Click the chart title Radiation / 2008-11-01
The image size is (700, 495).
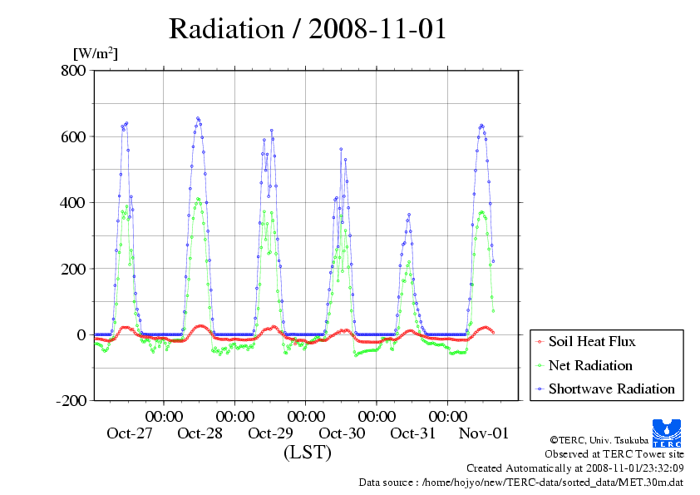308,29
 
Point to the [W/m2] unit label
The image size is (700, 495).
96,54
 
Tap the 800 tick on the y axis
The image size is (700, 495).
73,71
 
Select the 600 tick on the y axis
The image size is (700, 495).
73,136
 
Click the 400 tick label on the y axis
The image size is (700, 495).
73,202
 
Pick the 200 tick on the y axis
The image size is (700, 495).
73,269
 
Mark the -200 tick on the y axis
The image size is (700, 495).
71,400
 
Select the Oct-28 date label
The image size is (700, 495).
200,433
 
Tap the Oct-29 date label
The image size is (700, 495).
271,433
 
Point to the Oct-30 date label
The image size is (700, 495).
342,433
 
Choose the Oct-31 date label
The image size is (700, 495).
413,433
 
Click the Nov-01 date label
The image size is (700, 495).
484,433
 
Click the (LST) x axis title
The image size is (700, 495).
307,453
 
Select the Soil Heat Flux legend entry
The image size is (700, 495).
592,341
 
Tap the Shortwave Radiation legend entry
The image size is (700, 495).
611,389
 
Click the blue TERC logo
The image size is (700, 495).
668,431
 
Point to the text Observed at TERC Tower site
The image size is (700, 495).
614,454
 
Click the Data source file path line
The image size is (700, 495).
520,482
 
